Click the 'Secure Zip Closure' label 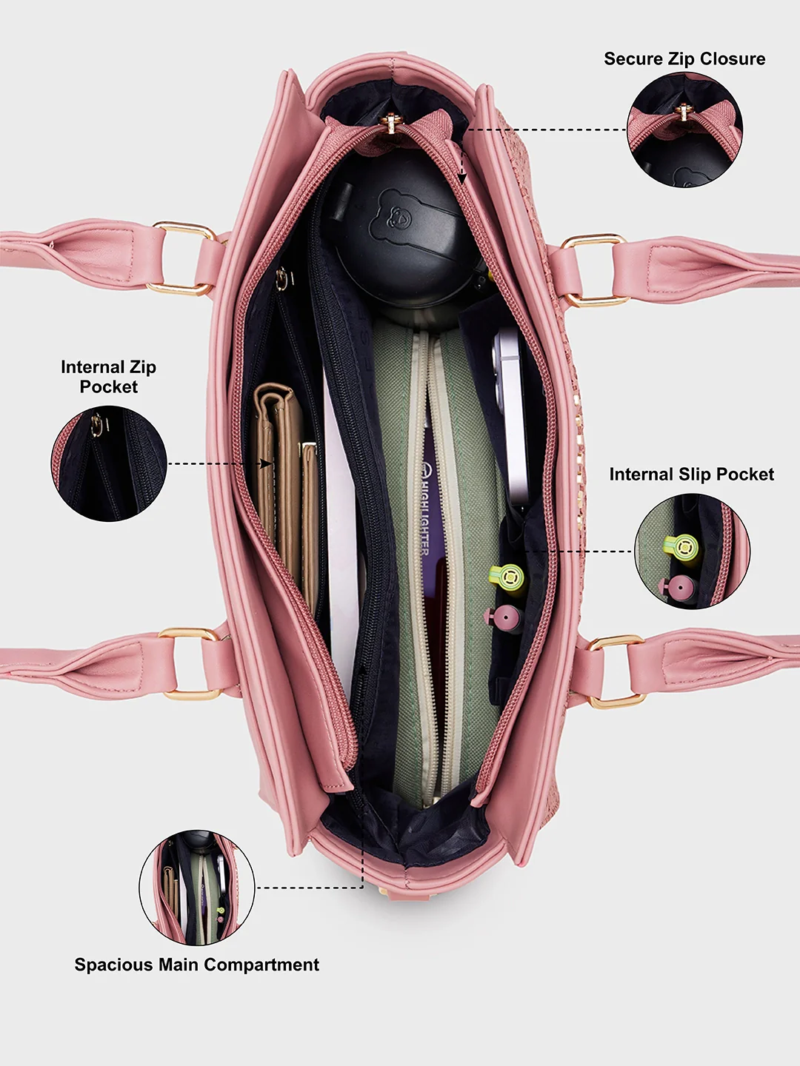click(x=684, y=58)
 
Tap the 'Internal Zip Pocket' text click(x=108, y=376)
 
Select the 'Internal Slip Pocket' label click(x=692, y=474)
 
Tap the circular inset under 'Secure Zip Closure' click(x=685, y=130)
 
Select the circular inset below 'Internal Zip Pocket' click(x=109, y=464)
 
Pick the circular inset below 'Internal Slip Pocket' click(x=692, y=552)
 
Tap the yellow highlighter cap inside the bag click(x=508, y=578)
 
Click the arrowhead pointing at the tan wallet click(x=266, y=464)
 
